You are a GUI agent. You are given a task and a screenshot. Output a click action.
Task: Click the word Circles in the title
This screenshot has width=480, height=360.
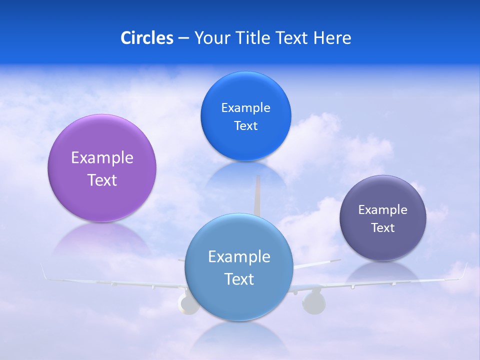pos(146,38)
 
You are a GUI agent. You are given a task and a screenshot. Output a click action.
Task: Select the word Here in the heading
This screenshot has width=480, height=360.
pos(332,38)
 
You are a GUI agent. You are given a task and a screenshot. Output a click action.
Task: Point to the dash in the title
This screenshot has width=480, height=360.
pos(183,38)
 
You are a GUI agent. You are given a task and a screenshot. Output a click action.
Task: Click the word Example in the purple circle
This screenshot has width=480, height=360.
pos(102,157)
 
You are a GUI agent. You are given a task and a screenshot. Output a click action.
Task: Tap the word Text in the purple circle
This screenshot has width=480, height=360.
pos(102,180)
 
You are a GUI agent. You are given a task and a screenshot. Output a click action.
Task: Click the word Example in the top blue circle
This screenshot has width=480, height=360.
pos(245,107)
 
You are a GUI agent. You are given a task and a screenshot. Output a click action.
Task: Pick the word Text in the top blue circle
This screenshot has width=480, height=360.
pos(245,125)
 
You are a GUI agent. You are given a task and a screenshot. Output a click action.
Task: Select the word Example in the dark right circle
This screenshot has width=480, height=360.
pos(383,209)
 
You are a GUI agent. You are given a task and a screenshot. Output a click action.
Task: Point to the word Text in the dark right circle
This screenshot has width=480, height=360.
pos(383,227)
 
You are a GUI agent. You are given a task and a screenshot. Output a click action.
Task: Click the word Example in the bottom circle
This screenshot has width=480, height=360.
pos(239,256)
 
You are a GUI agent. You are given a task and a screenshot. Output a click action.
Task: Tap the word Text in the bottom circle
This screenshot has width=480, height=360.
pos(239,279)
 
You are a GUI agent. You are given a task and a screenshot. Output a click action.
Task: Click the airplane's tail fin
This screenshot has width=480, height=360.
pos(258,195)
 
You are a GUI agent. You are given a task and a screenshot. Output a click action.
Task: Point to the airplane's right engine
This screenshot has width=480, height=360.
pos(313,302)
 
